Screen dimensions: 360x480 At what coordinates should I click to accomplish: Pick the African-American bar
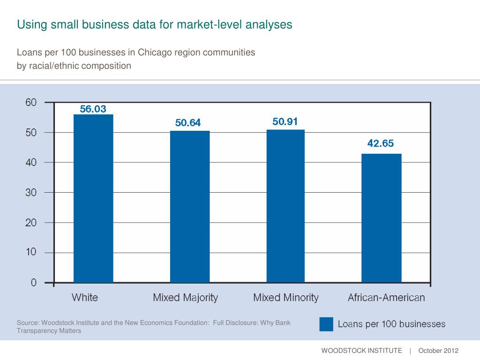pos(381,218)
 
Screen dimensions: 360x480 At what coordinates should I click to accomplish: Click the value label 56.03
pos(93,109)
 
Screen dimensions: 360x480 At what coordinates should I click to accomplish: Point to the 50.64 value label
pos(188,123)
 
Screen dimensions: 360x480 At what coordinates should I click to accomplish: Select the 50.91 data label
pos(285,122)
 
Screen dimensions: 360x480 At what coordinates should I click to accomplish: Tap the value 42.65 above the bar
pos(380,144)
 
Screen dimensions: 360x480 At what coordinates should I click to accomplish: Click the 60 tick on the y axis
pos(31,102)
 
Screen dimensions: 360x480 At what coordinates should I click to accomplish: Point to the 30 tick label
pos(31,192)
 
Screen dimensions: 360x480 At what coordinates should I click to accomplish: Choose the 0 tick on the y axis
pos(34,283)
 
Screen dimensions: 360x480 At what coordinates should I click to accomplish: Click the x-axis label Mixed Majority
pos(186,298)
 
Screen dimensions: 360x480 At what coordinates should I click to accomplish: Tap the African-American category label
pos(386,298)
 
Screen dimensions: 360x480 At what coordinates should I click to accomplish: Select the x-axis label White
pos(85,298)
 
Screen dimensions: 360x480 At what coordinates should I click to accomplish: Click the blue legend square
pos(326,324)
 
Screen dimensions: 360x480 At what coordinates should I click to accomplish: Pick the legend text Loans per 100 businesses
pos(391,324)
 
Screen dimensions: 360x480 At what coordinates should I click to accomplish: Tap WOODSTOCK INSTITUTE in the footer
pos(361,351)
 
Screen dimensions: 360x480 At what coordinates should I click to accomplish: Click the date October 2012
pos(438,351)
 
